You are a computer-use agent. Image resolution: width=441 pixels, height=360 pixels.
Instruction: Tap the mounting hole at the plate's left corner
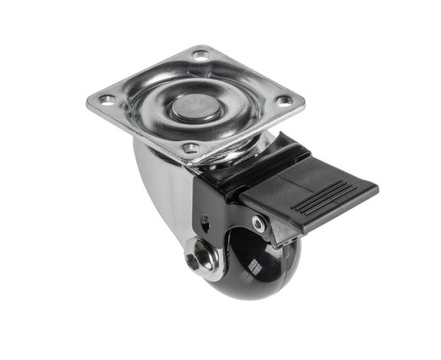point(107,99)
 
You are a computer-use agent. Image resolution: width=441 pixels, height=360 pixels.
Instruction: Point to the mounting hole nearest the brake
point(190,147)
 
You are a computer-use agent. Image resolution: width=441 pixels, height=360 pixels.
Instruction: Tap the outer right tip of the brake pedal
point(374,189)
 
